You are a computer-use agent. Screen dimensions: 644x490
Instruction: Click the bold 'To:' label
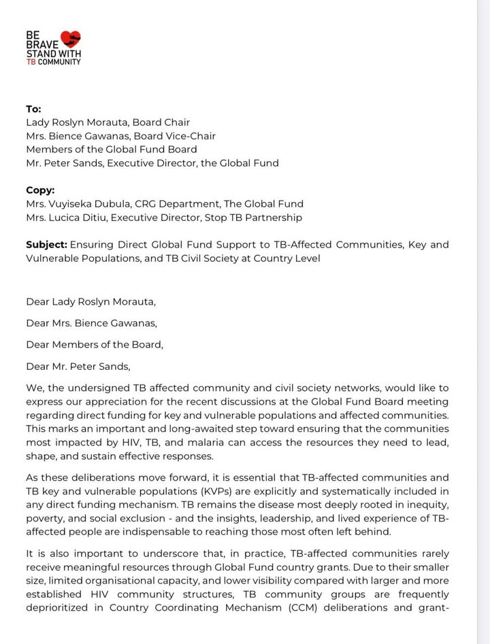tap(33, 109)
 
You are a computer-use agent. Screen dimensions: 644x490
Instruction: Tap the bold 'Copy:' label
tap(40, 190)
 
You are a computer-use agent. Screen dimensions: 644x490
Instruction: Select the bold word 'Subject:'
tap(46, 245)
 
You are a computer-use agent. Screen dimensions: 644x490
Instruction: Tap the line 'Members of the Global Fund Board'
tap(112, 150)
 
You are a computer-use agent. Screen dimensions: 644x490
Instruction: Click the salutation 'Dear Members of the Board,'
tap(95, 345)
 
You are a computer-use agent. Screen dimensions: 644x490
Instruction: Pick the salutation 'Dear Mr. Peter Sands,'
tap(78, 367)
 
